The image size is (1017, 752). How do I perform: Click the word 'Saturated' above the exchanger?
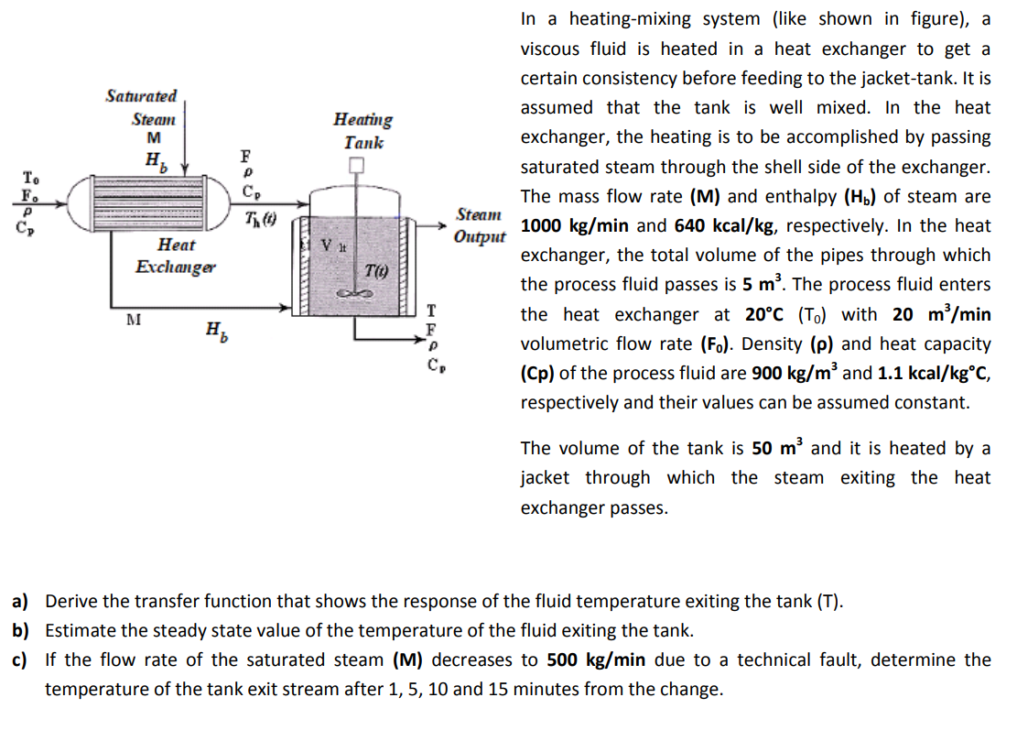pos(141,96)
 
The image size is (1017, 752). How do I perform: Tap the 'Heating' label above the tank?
pos(363,119)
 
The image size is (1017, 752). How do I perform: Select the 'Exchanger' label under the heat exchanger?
pos(176,267)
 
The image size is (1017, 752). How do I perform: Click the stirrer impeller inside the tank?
pos(356,293)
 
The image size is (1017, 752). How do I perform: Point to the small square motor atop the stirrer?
pos(356,166)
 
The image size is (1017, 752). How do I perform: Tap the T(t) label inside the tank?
pos(376,270)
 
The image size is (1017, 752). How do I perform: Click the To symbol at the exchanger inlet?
pos(30,176)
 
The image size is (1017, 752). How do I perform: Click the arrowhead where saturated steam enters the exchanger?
pos(187,169)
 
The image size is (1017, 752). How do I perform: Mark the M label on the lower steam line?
pos(133,320)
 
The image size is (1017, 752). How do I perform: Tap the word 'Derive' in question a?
pos(70,602)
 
